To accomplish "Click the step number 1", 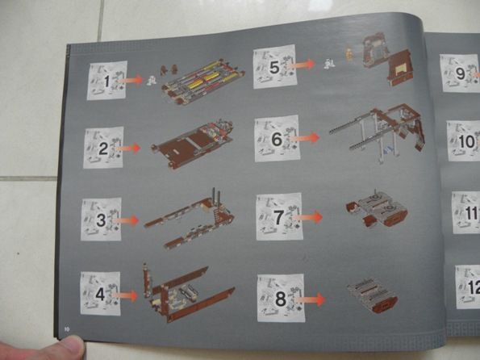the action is [x=106, y=82].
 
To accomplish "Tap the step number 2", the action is [x=103, y=149].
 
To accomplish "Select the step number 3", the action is [x=101, y=220].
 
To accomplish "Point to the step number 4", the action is [x=100, y=295].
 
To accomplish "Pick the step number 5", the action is [x=274, y=68].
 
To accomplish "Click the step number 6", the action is [x=277, y=140].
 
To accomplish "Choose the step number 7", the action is [x=278, y=217].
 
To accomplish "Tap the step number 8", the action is [x=281, y=299].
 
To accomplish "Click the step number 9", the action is [x=461, y=73].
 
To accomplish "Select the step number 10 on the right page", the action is [x=466, y=142].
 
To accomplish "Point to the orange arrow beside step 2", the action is [x=128, y=149].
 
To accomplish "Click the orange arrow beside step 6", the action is [x=304, y=138].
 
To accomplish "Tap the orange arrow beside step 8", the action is [x=311, y=299].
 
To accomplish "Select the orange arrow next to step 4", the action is [x=125, y=295].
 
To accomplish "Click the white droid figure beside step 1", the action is [x=151, y=81].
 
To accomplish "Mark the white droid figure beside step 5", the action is [x=330, y=64].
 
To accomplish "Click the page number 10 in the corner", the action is [x=67, y=329].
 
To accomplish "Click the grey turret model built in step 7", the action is [x=378, y=208].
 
